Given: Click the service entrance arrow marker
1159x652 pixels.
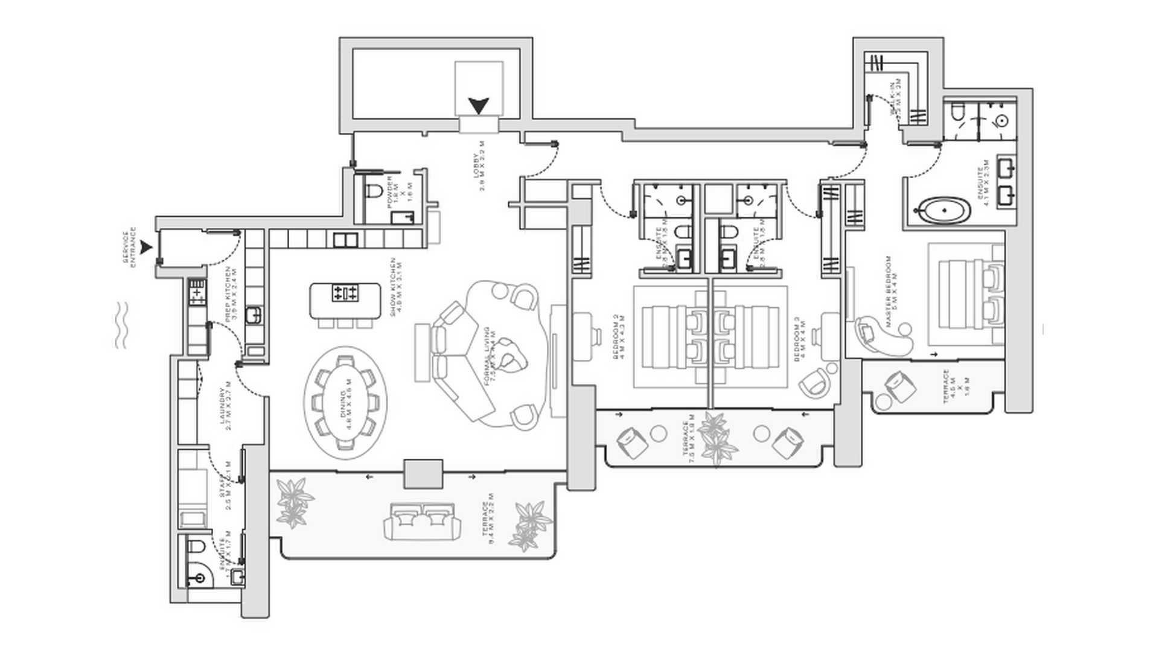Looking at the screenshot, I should pyautogui.click(x=145, y=247).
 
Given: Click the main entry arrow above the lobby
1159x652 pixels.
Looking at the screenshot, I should pyautogui.click(x=479, y=106).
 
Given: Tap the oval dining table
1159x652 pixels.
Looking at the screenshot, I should pyautogui.click(x=346, y=398).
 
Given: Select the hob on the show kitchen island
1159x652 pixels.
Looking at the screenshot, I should pyautogui.click(x=345, y=293).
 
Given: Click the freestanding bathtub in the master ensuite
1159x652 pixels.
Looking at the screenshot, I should pyautogui.click(x=941, y=212).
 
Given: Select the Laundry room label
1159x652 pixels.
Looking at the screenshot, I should pyautogui.click(x=226, y=403).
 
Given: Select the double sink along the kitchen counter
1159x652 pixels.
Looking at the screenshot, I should pyautogui.click(x=345, y=240).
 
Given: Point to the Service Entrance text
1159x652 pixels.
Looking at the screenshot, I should pyautogui.click(x=129, y=247).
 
